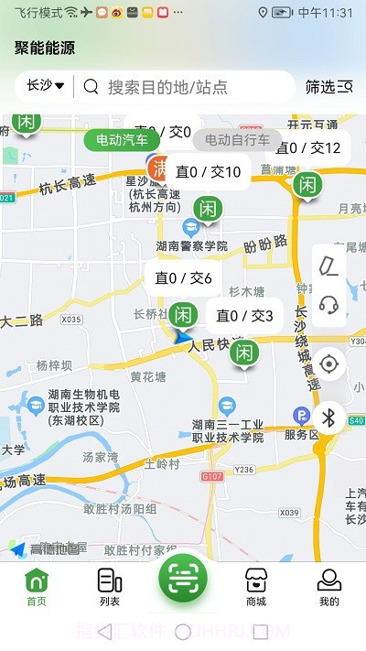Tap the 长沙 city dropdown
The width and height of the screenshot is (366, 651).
point(46,86)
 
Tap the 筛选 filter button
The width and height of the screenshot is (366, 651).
point(328,87)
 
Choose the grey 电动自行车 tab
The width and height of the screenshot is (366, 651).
point(237,140)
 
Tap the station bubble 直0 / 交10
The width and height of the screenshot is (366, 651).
point(209,172)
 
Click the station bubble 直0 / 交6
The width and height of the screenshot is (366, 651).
point(183,278)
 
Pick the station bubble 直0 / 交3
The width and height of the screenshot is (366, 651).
point(244,316)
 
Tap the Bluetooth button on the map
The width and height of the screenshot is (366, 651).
point(330,418)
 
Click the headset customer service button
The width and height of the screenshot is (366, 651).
point(330,305)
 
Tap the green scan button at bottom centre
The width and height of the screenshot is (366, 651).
point(183,578)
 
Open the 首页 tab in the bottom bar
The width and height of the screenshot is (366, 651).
point(37,586)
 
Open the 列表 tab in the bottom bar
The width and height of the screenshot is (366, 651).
point(110,586)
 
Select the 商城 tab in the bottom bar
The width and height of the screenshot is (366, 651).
point(256,586)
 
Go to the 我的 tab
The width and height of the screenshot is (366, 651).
point(328,586)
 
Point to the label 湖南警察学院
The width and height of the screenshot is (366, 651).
point(191,246)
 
